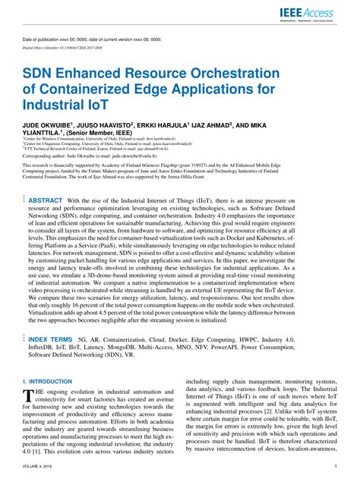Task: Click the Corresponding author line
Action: click(x=102, y=174)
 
